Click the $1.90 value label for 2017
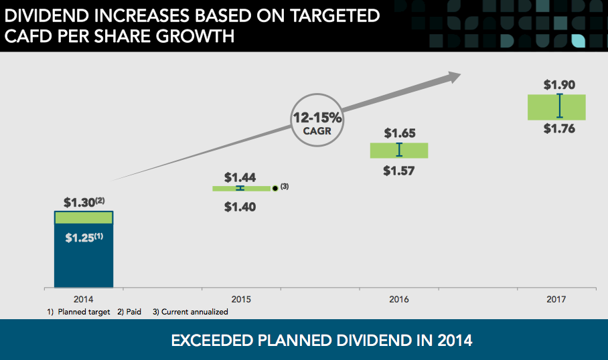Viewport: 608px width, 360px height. [559, 85]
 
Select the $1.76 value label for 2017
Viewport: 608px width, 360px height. [559, 129]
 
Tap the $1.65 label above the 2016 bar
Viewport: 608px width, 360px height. [400, 134]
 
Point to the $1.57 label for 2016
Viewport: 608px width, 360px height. [399, 171]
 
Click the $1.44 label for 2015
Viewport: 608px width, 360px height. [240, 177]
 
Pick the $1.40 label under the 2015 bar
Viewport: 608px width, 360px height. [240, 207]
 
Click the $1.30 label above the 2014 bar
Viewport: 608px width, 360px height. [80, 202]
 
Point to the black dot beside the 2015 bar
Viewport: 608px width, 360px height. [275, 189]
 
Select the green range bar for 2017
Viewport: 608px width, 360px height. [556, 107]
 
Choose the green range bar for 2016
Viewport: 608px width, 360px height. [399, 151]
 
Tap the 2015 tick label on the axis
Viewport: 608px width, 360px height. [240, 299]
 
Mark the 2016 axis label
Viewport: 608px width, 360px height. [399, 299]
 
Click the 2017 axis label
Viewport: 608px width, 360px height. [556, 299]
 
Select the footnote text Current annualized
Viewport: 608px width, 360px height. [194, 312]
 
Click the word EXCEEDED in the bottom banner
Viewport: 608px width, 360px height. [212, 341]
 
